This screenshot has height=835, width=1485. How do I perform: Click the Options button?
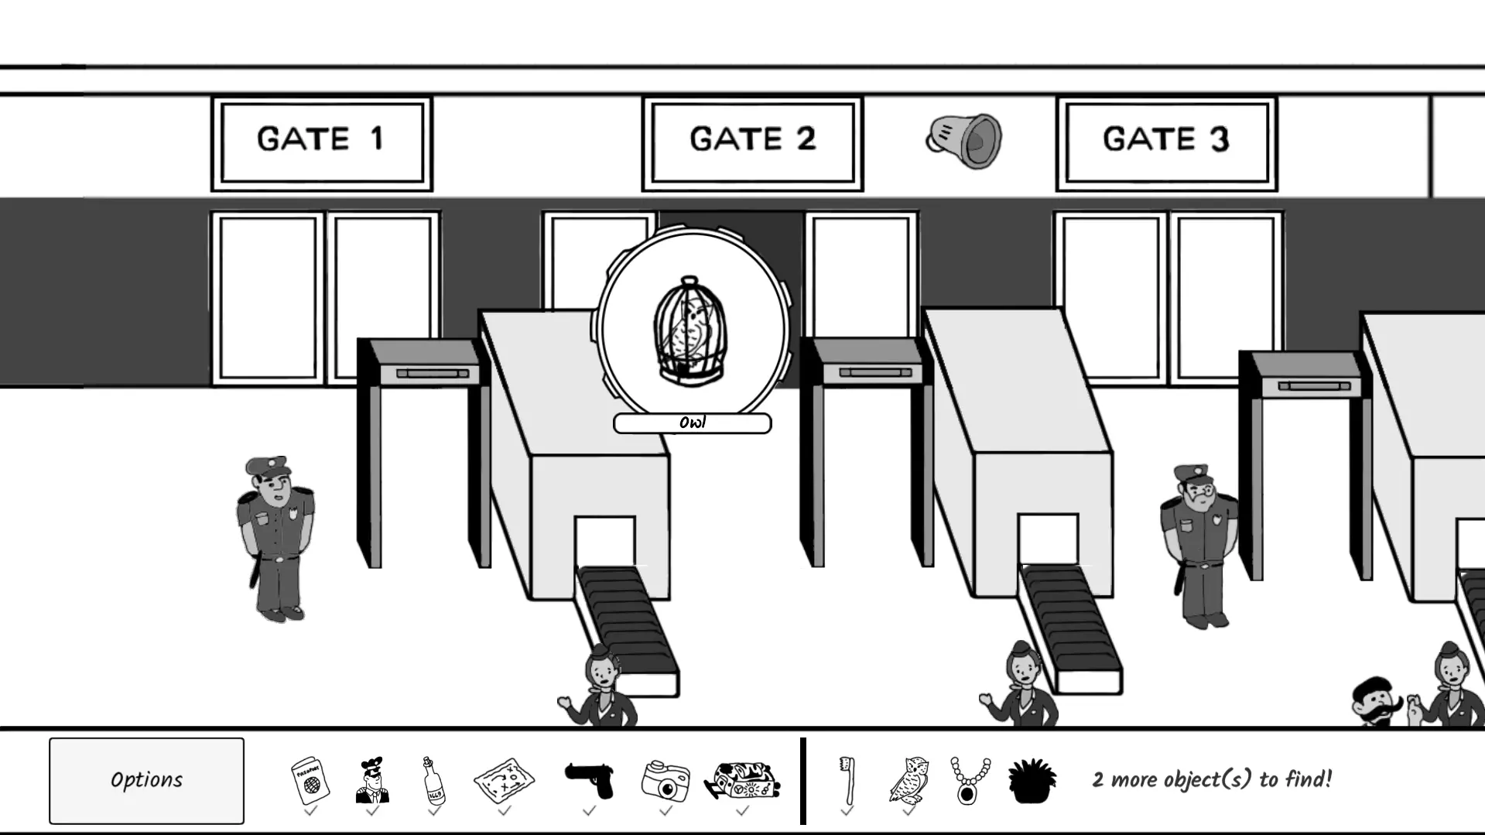[146, 780]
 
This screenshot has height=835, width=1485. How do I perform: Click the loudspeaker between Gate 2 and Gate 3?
[965, 141]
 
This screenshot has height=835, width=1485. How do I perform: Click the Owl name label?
[692, 423]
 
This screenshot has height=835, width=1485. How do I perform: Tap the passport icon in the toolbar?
[310, 781]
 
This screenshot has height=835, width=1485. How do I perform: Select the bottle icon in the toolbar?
[434, 781]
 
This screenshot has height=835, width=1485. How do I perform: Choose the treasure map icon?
[504, 781]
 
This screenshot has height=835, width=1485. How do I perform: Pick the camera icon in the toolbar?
[666, 781]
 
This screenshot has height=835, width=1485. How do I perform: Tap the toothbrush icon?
[847, 781]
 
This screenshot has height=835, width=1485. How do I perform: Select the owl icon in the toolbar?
[909, 781]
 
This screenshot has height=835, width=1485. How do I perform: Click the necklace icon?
[970, 781]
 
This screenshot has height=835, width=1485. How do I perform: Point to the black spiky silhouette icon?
[1032, 781]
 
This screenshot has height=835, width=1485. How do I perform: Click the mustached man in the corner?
[1377, 703]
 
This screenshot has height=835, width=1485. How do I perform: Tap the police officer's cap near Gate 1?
[267, 466]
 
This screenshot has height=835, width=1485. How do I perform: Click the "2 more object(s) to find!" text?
[1212, 779]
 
